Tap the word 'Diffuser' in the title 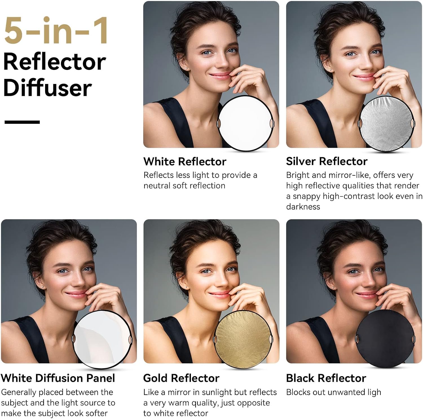click(47, 87)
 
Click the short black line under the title click(22, 122)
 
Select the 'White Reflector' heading click(185, 162)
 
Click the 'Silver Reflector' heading click(327, 161)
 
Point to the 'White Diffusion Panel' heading click(58, 378)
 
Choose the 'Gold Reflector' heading click(181, 378)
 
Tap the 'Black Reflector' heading click(326, 378)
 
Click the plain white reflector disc click(246, 124)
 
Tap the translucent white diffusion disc click(102, 339)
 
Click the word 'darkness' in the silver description click(303, 207)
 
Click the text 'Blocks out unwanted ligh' click(334, 392)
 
